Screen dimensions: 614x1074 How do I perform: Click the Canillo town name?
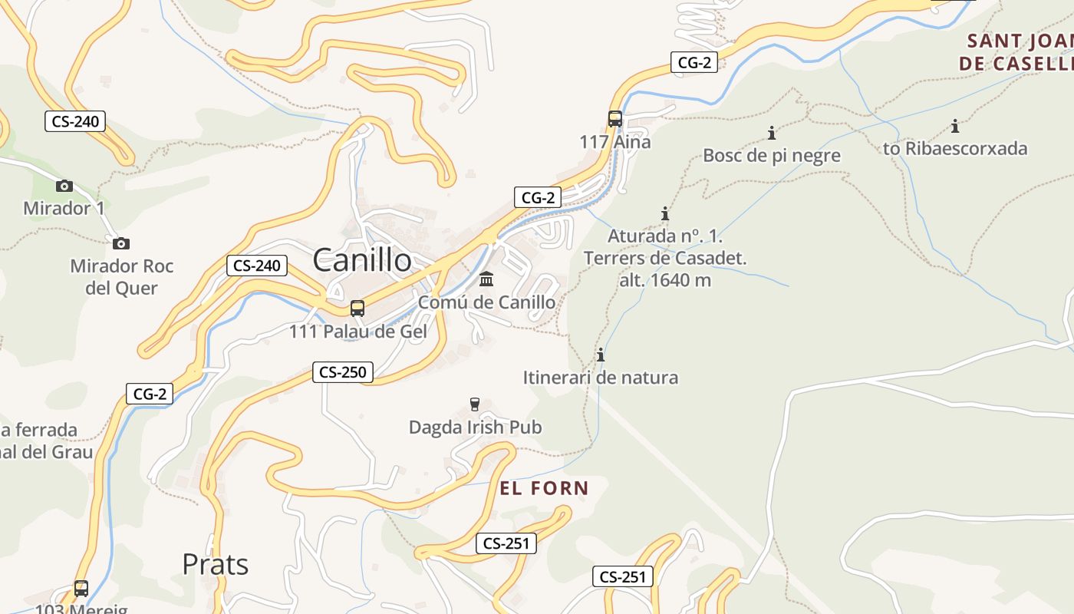coord(362,261)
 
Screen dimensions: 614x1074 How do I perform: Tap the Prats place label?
coord(215,565)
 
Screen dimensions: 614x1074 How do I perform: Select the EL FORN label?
coord(544,488)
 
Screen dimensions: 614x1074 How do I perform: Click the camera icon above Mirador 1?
coord(64,186)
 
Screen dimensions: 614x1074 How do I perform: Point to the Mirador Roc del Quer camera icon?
coord(120,244)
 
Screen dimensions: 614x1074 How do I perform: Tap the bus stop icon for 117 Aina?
coord(615,119)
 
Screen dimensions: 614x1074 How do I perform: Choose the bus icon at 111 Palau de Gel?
coord(357,309)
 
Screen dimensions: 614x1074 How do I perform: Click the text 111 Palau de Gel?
coord(357,332)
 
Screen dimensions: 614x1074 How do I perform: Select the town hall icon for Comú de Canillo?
coord(486,279)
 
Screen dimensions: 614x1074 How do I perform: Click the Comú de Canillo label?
coord(486,302)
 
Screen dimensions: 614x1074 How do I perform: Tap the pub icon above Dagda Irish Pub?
coord(475,404)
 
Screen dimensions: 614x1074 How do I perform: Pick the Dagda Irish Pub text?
coord(475,427)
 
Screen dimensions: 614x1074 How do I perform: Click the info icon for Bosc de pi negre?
coord(772,134)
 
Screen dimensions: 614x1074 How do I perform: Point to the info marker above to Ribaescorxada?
coord(955,127)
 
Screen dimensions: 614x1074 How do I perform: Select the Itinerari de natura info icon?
coord(601,355)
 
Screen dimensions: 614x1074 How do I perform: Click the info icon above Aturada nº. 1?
coord(665,214)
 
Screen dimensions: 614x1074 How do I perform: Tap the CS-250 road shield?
coord(343,372)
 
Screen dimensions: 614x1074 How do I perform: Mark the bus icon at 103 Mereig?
coord(81,589)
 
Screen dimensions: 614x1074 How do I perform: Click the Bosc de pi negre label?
coord(772,156)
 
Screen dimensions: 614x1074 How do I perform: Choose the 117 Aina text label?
coord(615,142)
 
